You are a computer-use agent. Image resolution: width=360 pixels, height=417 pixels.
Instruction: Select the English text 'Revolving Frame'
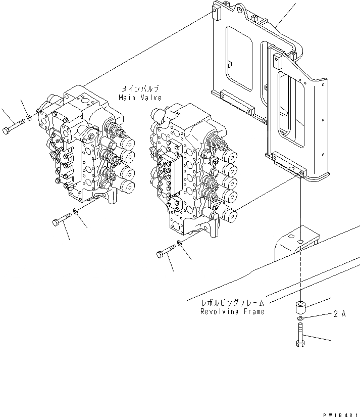click(x=232, y=311)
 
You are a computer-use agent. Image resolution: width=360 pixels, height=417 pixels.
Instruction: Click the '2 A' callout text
click(x=339, y=314)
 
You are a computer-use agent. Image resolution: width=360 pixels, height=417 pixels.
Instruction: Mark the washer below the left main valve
click(x=75, y=212)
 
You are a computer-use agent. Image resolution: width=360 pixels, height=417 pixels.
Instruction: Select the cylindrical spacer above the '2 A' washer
click(x=300, y=307)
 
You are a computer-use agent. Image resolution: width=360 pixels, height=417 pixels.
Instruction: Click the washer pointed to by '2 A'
click(x=300, y=319)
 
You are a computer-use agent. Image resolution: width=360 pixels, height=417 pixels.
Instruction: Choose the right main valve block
click(x=192, y=167)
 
